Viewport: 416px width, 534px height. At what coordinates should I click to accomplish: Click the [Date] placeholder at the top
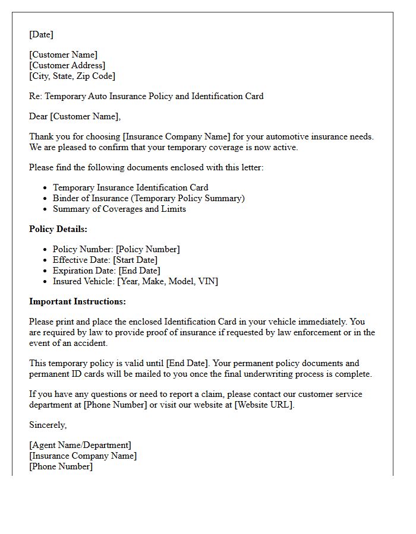tap(41, 34)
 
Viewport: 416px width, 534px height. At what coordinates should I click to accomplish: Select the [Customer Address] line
tap(67, 65)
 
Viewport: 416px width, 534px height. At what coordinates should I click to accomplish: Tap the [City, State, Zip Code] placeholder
tap(72, 76)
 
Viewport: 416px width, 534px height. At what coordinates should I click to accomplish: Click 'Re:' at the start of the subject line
tap(36, 96)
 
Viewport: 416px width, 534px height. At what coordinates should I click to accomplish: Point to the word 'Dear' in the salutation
tap(39, 116)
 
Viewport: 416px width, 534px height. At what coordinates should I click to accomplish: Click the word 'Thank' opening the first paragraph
tap(41, 136)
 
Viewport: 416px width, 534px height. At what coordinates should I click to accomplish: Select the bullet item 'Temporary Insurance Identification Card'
tap(130, 187)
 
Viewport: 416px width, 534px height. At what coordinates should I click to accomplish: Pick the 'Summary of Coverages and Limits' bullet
tap(119, 209)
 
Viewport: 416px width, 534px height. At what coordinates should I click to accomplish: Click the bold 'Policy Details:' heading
tap(58, 229)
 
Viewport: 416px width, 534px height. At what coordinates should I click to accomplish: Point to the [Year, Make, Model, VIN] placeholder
tap(167, 281)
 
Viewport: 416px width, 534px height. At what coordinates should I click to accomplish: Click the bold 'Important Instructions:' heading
tap(77, 301)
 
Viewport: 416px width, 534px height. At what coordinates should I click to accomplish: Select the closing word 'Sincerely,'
tap(48, 425)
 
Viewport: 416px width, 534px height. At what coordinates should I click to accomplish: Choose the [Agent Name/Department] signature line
tap(80, 445)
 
